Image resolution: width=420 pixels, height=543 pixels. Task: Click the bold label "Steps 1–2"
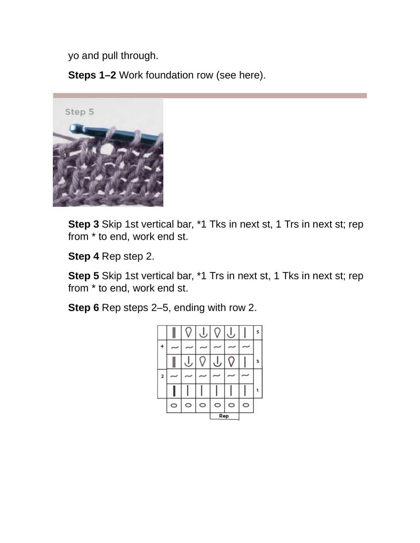[x=92, y=75]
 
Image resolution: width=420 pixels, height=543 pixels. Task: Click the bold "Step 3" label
[x=84, y=224]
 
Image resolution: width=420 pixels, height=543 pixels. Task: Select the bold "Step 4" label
[x=84, y=256]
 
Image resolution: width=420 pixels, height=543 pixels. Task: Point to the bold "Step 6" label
[x=84, y=308]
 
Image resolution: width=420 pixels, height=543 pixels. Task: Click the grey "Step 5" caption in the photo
[x=79, y=112]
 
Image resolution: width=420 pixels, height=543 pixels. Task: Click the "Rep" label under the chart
[x=224, y=416]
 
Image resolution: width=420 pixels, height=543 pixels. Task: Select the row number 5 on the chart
[x=258, y=332]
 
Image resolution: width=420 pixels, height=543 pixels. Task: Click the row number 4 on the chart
[x=162, y=347]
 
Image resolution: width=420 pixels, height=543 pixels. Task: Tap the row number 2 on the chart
[x=162, y=376]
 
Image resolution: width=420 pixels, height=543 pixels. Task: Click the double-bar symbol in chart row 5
[x=174, y=333]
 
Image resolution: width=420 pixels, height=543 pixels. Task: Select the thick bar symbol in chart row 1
[x=174, y=391]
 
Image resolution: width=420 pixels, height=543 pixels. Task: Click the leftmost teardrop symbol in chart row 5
[x=188, y=332]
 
